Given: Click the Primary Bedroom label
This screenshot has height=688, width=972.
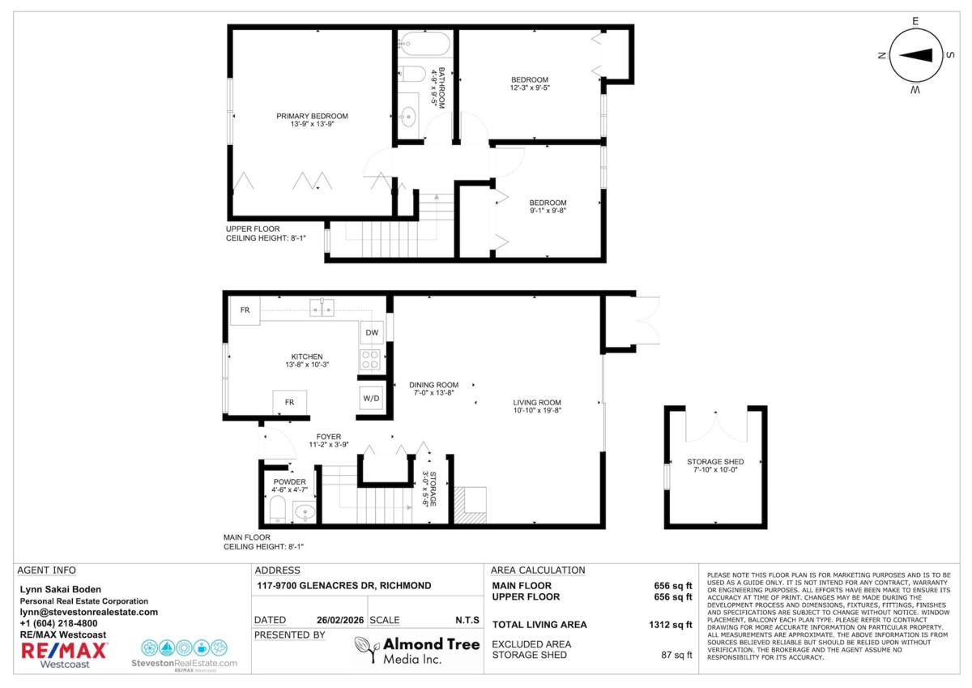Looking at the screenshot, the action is (x=312, y=117).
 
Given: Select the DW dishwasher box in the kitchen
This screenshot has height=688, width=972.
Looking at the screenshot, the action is (x=372, y=332).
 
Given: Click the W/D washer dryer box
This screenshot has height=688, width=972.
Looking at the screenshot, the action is (x=371, y=398).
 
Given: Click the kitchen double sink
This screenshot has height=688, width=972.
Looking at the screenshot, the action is (x=322, y=308).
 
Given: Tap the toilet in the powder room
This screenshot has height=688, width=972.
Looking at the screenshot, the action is (x=278, y=509).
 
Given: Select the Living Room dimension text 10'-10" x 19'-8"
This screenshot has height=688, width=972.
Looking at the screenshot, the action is (x=537, y=410).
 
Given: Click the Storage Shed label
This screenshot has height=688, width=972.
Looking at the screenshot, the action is (x=715, y=462).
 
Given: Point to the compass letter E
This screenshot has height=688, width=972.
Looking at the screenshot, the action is (x=915, y=21).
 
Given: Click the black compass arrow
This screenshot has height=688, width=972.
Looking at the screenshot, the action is (x=915, y=56).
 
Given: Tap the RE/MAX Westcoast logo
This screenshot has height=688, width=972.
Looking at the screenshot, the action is (x=64, y=655).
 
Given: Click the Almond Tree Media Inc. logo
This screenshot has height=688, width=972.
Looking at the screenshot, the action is (x=417, y=650).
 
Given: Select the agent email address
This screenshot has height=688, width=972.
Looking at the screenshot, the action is (x=89, y=612).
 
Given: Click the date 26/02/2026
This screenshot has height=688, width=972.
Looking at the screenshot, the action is (x=340, y=620).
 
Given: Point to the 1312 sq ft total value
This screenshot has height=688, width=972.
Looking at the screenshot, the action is (x=671, y=625).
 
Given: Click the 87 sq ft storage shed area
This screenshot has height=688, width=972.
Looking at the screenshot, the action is (x=676, y=655).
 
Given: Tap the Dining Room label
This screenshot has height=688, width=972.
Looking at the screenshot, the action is (x=433, y=385).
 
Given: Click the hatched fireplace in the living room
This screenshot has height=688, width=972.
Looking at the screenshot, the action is (x=470, y=505).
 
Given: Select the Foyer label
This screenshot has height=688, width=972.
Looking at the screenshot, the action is (x=329, y=437).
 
